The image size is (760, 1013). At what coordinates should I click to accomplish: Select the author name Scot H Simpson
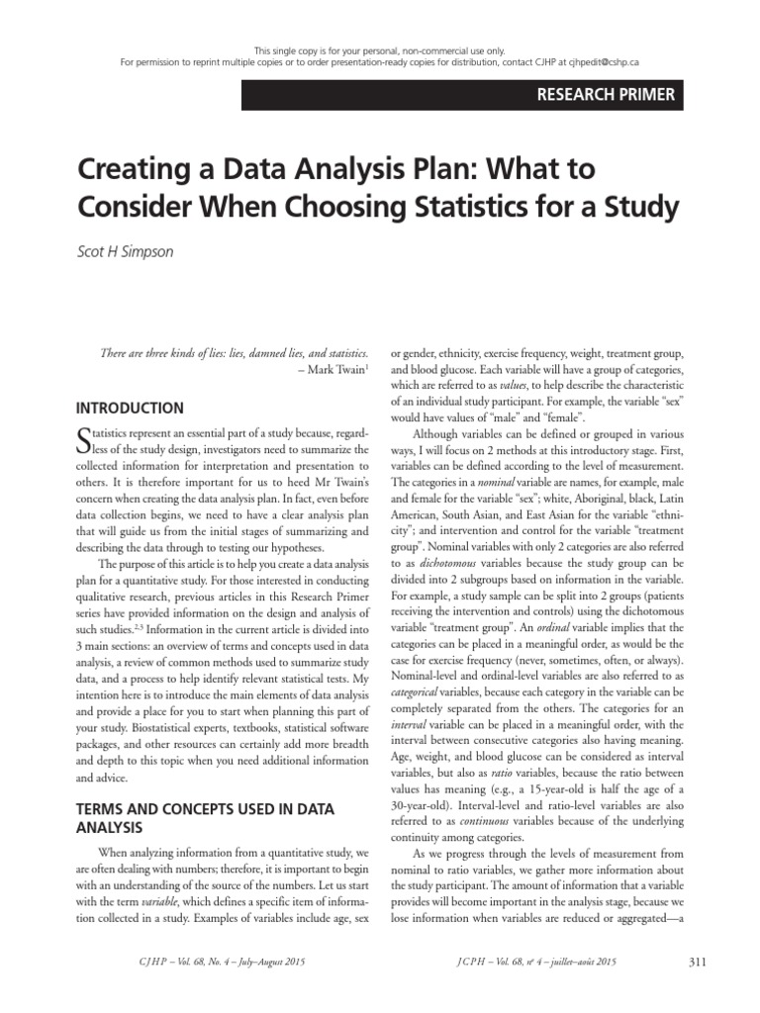pyautogui.click(x=125, y=251)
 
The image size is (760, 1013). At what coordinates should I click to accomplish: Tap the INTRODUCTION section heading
pyautogui.click(x=130, y=408)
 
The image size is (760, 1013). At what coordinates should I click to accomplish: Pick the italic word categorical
pyautogui.click(x=420, y=692)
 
